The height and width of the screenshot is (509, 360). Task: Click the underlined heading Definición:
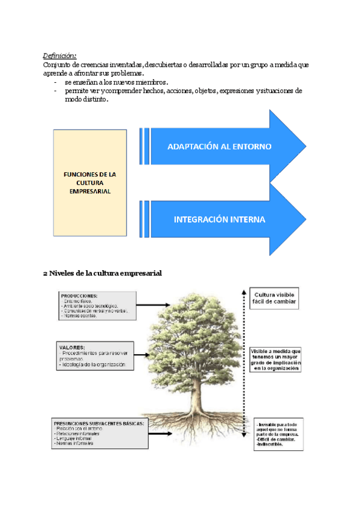click(x=60, y=55)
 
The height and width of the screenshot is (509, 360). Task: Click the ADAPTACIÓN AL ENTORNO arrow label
click(x=219, y=146)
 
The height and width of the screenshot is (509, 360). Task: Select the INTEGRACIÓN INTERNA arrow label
click(x=219, y=219)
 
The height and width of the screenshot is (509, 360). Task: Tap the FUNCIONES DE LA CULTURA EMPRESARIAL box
click(x=90, y=182)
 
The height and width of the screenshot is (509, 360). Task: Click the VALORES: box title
click(x=72, y=347)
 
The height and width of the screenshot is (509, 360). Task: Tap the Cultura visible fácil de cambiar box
click(x=274, y=298)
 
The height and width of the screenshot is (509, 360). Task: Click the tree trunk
click(x=196, y=396)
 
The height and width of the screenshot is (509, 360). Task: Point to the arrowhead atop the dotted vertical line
click(x=243, y=291)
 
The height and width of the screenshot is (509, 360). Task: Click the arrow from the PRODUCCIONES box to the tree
click(x=156, y=306)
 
